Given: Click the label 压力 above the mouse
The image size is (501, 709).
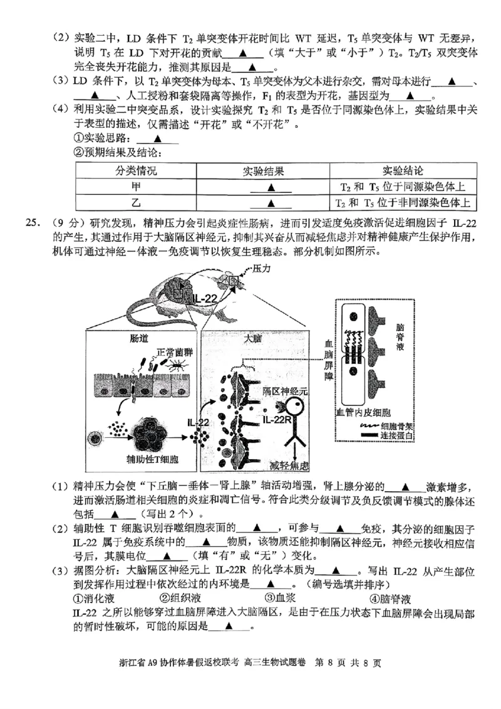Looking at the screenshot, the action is coord(261,267).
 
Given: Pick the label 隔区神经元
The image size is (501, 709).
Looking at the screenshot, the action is coord(285,390).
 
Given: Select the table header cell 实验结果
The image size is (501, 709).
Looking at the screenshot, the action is coord(270,171).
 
